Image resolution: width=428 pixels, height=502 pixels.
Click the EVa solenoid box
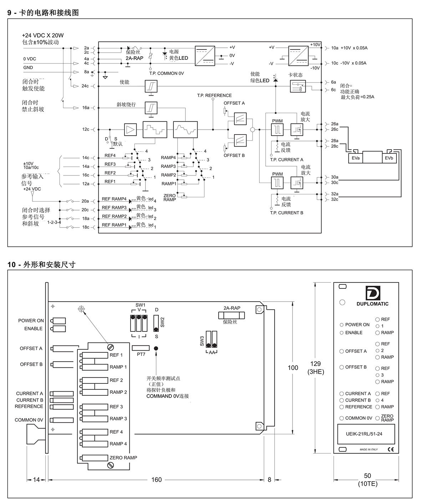356,158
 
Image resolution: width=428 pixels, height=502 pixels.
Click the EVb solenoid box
389,158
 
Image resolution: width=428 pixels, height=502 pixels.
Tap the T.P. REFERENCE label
214,95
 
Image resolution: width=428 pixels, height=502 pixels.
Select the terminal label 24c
85,86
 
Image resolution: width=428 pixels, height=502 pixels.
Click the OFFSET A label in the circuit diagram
234,103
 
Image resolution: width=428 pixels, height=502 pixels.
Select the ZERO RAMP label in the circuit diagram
170,198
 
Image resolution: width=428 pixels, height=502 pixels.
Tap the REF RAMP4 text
114,199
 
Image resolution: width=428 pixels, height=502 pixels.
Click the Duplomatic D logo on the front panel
373,293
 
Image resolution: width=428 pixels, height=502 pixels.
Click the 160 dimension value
156,480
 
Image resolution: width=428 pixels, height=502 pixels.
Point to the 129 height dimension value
316,364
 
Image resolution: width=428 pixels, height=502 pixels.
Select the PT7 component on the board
141,348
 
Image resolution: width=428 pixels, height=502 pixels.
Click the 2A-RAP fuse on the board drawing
232,315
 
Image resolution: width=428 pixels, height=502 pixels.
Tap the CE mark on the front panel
391,449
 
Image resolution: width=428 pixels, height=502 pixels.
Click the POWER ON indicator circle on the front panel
342,325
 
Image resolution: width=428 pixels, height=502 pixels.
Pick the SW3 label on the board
202,341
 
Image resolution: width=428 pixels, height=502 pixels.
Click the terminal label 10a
335,48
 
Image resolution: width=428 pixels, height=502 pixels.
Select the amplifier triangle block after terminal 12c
131,130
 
